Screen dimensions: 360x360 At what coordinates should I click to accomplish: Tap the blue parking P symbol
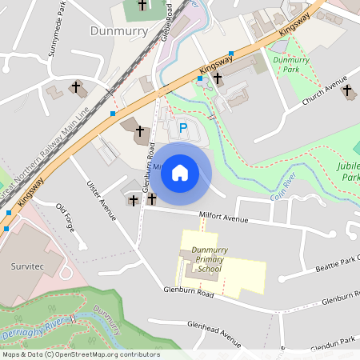(182, 128)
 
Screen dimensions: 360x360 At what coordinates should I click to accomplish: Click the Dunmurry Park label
(290, 65)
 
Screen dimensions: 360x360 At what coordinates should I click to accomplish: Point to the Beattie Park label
(336, 264)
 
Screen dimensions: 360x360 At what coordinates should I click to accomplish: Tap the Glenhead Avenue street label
(214, 329)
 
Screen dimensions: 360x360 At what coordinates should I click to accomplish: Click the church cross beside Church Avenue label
(346, 90)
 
